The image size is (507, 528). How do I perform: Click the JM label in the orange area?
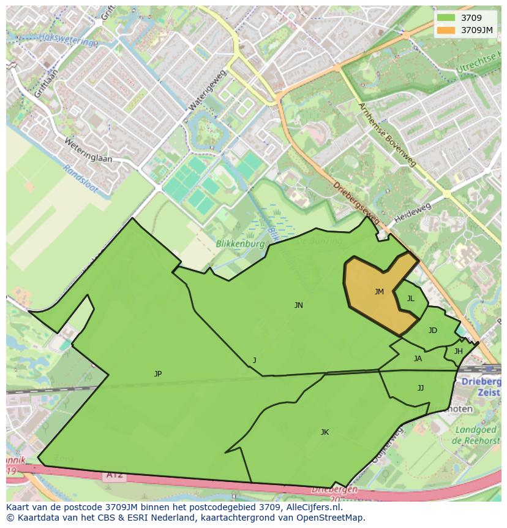point(379,292)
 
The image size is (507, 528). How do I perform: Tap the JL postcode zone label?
point(411,299)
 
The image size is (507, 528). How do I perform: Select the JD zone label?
point(433,331)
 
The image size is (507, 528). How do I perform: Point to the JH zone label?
point(458,351)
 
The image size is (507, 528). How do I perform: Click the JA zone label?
point(418,359)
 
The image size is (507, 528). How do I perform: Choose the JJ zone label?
point(421,388)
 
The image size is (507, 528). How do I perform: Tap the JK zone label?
point(325,432)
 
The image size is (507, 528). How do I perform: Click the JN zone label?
point(298,305)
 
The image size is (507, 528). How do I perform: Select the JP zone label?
point(158,373)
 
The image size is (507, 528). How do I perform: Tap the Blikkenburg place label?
point(240,243)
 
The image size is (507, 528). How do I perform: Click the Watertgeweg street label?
point(208,90)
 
